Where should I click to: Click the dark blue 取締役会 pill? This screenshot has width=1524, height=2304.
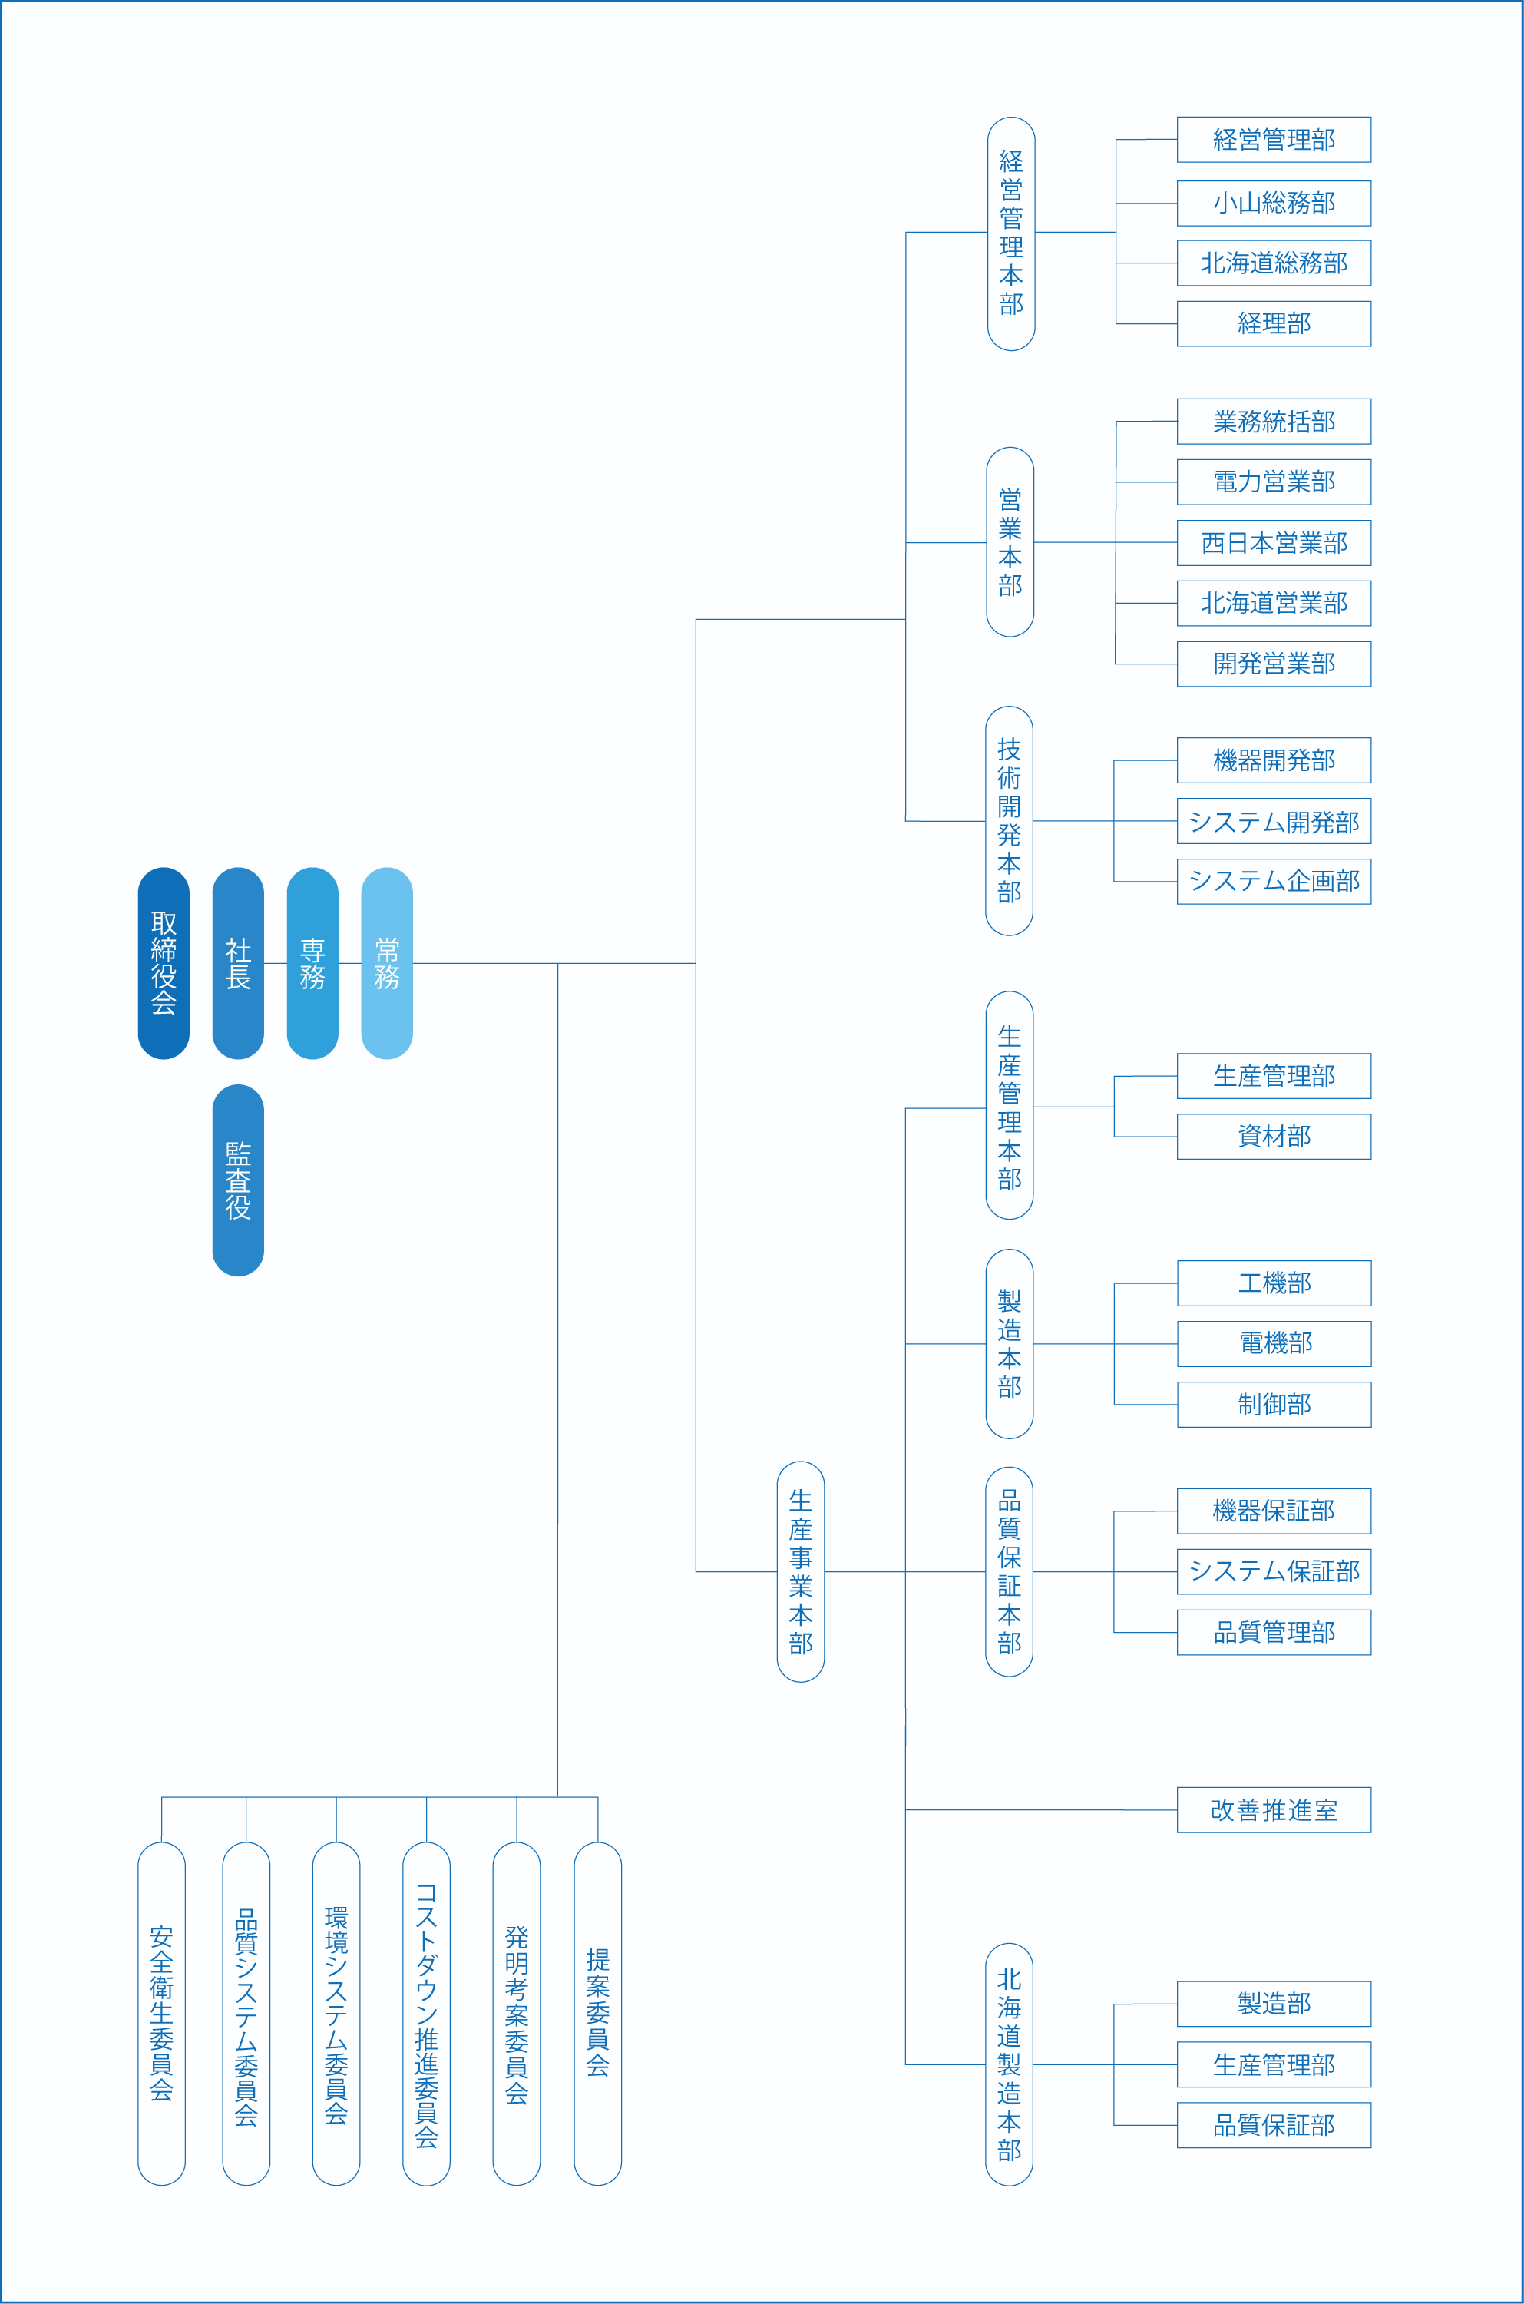point(164,962)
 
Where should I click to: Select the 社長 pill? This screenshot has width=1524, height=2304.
point(238,962)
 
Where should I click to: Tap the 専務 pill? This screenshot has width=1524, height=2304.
point(312,962)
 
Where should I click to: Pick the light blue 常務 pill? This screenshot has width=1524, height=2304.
point(387,962)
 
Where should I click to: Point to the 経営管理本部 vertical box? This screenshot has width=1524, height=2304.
point(1011,233)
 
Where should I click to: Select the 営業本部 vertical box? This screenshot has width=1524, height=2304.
point(1010,541)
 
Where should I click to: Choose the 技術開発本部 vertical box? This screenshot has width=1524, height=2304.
point(1009,820)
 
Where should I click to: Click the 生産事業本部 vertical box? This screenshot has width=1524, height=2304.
point(801,1571)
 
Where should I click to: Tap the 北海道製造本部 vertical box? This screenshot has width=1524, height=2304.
point(1009,2064)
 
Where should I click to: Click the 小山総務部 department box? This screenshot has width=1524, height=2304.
point(1273,204)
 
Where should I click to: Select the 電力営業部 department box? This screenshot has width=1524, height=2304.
point(1273,482)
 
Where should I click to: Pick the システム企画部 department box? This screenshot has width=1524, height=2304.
point(1273,881)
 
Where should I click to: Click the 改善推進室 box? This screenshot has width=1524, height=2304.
point(1273,1809)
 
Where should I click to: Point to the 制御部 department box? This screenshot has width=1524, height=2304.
point(1273,1404)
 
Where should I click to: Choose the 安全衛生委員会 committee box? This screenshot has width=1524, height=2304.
point(161,2012)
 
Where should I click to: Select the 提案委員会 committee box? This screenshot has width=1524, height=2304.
point(598,2012)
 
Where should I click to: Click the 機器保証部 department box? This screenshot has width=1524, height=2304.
point(1273,1511)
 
